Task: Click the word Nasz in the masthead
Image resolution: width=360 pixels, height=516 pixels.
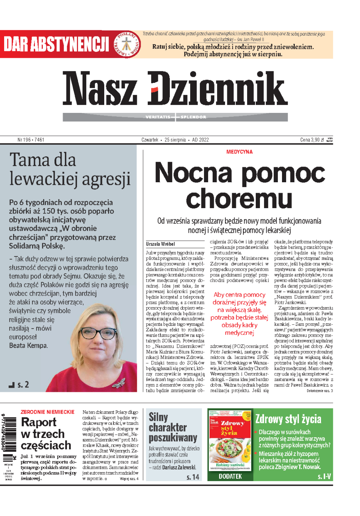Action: point(99,88)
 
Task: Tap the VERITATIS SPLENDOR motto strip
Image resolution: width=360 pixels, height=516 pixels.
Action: point(175,117)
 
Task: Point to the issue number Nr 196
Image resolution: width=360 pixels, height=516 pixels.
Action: point(31,140)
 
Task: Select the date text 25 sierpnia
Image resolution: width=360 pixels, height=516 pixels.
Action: point(175,140)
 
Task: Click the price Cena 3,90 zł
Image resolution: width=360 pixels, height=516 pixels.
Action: point(312,140)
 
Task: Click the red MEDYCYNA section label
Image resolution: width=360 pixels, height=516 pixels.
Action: point(239,152)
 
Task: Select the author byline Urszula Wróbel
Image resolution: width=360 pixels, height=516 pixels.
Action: point(160,244)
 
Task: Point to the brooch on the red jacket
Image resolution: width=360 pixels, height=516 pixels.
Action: point(118,383)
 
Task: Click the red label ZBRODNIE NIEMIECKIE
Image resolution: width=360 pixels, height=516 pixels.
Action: point(48,412)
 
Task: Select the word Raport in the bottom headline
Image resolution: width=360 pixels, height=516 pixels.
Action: point(39,422)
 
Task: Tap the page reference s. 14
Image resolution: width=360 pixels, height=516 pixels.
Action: point(193,477)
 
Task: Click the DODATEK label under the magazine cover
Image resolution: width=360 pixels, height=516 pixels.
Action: point(230,476)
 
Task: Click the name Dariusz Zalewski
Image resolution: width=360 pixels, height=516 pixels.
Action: point(179,467)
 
